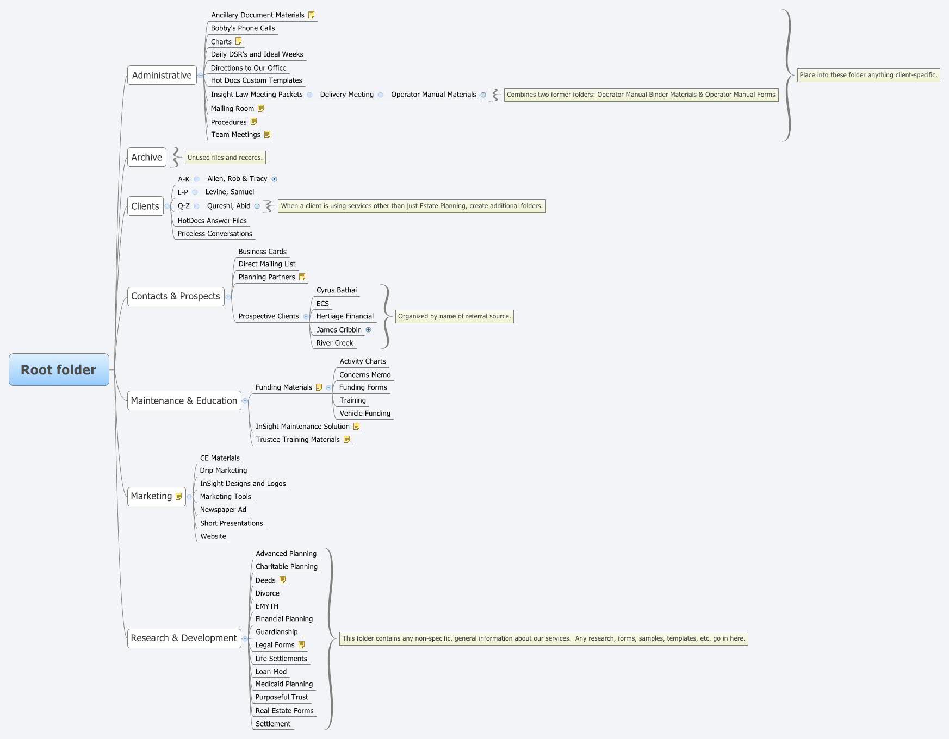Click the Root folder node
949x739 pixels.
click(59, 369)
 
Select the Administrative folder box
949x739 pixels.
click(162, 76)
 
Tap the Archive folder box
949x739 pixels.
click(146, 158)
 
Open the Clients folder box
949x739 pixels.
click(145, 206)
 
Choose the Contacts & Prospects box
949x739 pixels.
click(175, 296)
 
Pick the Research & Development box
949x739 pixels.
click(184, 638)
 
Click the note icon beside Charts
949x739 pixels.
click(238, 41)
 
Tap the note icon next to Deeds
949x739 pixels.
click(282, 580)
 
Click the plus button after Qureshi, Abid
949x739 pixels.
click(257, 206)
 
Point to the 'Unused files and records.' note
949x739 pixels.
click(225, 158)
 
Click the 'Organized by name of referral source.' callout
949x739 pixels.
click(454, 316)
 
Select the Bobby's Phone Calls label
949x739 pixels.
click(243, 28)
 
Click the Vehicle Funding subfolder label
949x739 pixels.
click(365, 414)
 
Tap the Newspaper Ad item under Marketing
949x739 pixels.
click(223, 510)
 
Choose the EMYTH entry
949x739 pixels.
click(266, 606)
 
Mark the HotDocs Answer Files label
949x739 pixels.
click(212, 221)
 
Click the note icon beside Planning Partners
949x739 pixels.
click(302, 277)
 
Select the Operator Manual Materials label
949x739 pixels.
click(433, 95)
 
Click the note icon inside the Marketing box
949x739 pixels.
click(178, 496)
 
